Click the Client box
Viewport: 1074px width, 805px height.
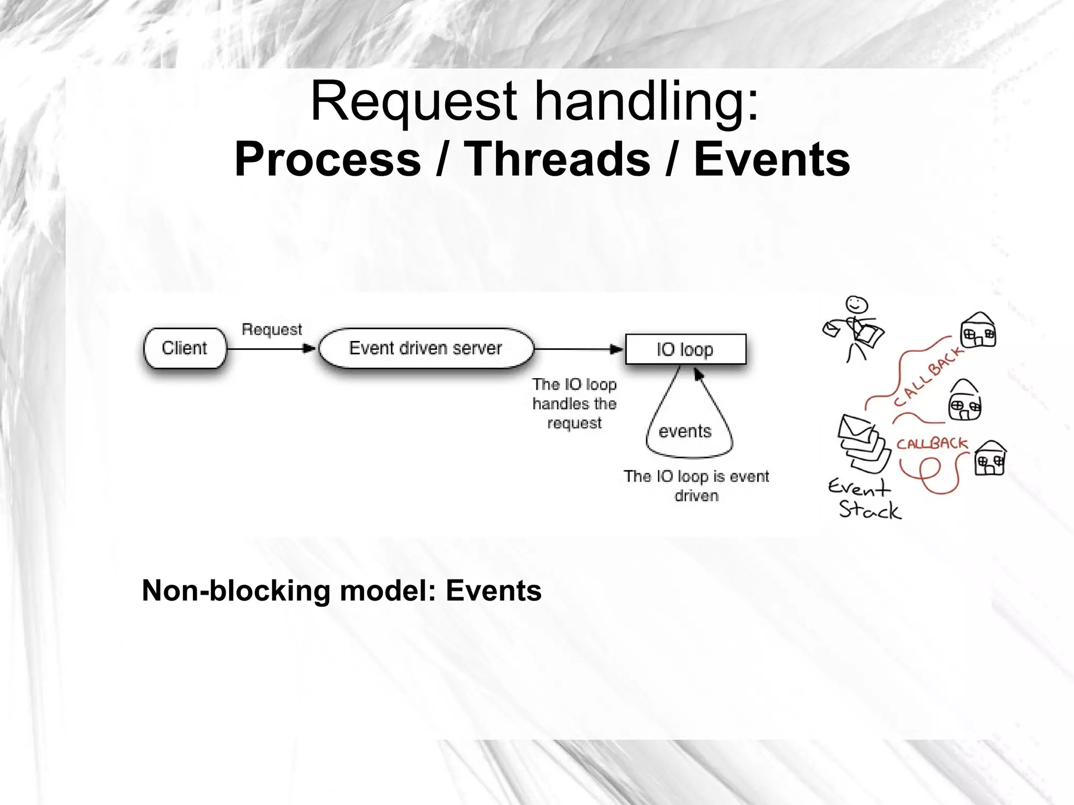point(185,348)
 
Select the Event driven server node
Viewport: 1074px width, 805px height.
point(425,348)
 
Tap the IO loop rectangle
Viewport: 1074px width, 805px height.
point(685,349)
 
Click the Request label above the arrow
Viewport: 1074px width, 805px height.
point(272,329)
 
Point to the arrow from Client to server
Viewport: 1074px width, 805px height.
point(271,349)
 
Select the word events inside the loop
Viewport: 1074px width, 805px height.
point(685,431)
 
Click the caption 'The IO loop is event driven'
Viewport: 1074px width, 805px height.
point(696,486)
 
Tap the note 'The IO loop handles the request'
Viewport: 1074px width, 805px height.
point(574,404)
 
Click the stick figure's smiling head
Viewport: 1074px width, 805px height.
point(856,304)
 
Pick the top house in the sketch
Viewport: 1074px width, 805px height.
point(978,330)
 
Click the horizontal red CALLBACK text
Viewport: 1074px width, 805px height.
point(932,444)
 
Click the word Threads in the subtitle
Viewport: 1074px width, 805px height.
point(557,159)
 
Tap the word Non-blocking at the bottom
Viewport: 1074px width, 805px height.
point(236,591)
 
